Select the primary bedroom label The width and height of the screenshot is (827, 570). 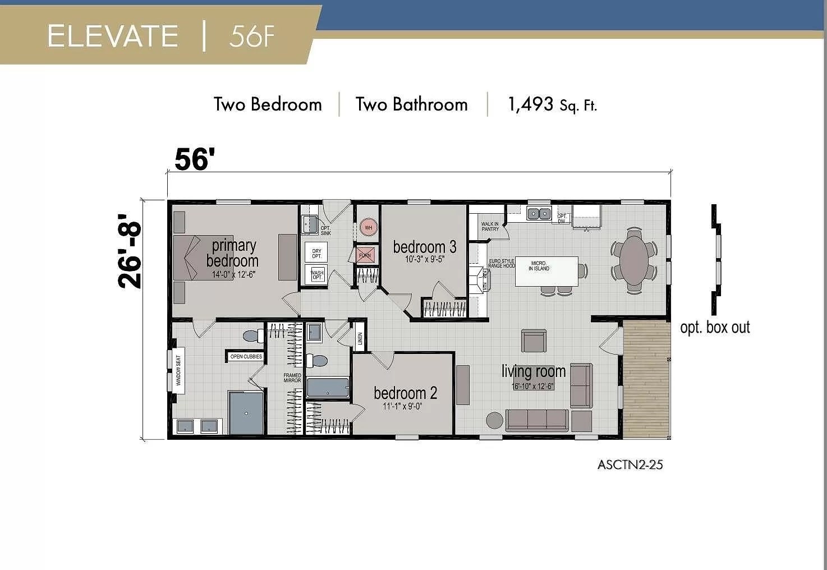pyautogui.click(x=233, y=253)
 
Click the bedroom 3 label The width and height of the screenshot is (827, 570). pyautogui.click(x=424, y=247)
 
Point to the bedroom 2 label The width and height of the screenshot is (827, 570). pyautogui.click(x=405, y=393)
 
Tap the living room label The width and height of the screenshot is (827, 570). pyautogui.click(x=533, y=371)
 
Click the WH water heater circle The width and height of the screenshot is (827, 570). pyautogui.click(x=368, y=227)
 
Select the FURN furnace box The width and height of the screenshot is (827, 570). pyautogui.click(x=365, y=255)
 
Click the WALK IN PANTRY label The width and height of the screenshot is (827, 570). pyautogui.click(x=490, y=226)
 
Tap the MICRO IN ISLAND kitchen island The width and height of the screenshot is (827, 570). pyautogui.click(x=546, y=270)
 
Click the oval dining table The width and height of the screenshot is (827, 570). pyautogui.click(x=634, y=260)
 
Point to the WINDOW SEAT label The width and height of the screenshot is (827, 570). pyautogui.click(x=179, y=370)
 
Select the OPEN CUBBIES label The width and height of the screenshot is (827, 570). pyautogui.click(x=246, y=356)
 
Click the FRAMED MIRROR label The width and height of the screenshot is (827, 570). pyautogui.click(x=292, y=378)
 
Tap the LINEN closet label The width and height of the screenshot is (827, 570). pyautogui.click(x=360, y=338)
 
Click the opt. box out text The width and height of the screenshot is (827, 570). pyautogui.click(x=714, y=327)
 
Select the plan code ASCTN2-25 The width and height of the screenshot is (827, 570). pyautogui.click(x=630, y=465)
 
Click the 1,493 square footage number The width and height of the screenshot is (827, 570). pyautogui.click(x=530, y=104)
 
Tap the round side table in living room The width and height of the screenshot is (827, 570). pyautogui.click(x=494, y=421)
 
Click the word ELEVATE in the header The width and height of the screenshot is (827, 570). pyautogui.click(x=113, y=36)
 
